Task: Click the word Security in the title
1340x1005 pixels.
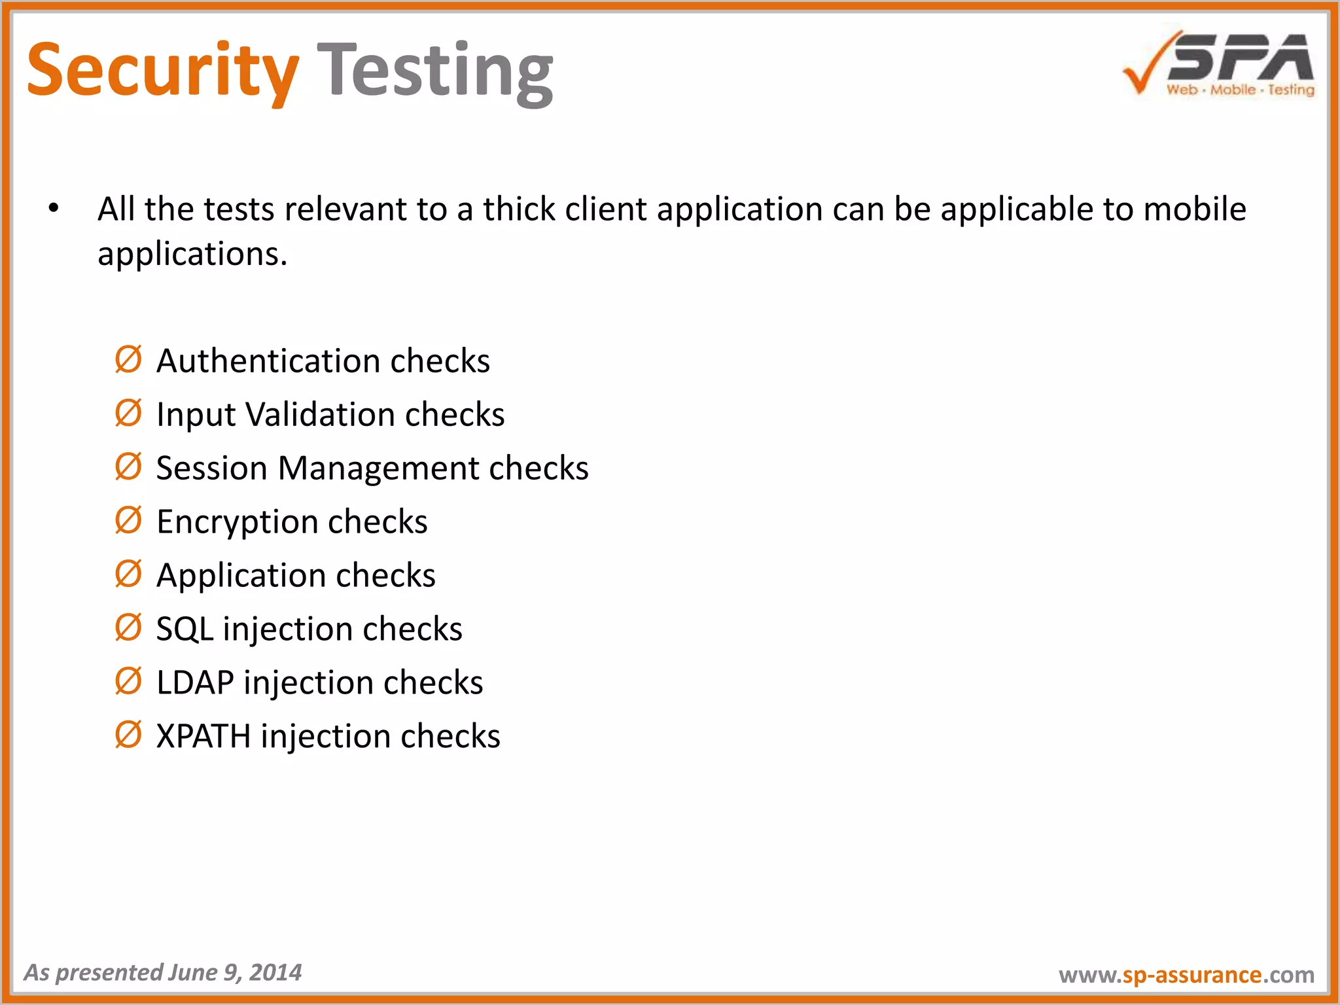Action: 162,71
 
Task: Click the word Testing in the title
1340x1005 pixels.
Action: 435,71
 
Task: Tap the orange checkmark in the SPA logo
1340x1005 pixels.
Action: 1145,65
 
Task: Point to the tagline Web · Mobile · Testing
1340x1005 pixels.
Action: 1240,90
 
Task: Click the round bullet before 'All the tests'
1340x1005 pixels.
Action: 54,209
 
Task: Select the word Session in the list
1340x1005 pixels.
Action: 212,468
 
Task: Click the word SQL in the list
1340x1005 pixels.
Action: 185,629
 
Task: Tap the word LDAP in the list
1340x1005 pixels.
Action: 195,683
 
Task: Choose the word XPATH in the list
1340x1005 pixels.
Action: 203,737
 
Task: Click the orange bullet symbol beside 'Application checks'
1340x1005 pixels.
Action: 128,574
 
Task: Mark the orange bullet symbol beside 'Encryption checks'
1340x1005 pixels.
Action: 128,521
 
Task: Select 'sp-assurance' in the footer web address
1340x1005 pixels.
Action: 1191,975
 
